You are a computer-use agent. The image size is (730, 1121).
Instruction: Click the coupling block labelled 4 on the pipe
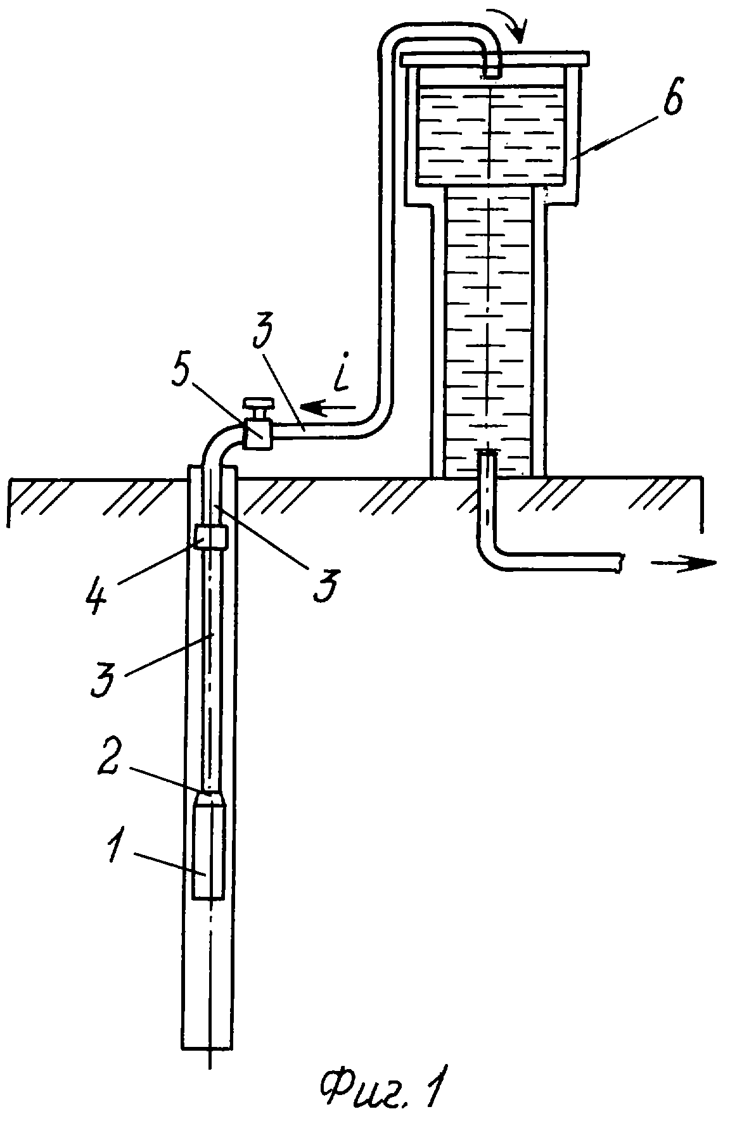pos(213,538)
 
